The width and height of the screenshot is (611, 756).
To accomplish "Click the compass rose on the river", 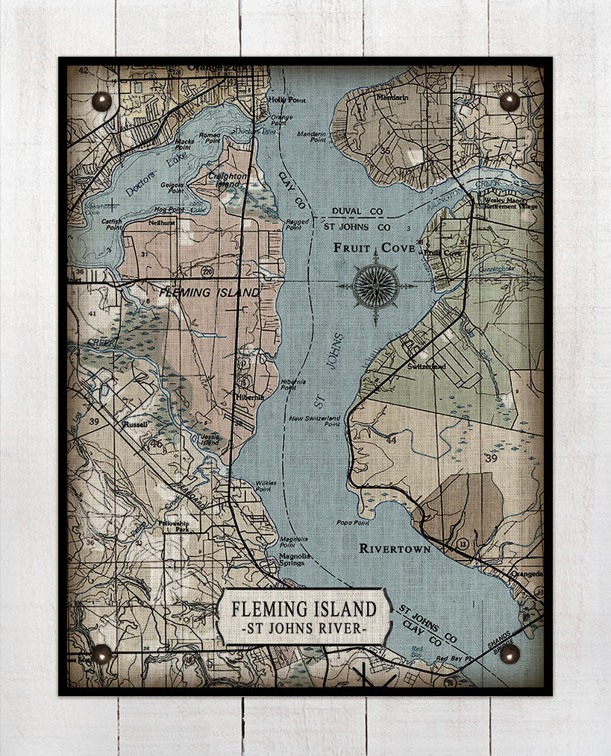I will coord(375,286).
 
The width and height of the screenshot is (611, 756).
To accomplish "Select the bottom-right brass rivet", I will coord(510,654).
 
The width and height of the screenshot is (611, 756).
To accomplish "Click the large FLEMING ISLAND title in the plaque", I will coord(304,608).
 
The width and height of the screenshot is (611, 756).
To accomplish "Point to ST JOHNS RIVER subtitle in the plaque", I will coord(304,629).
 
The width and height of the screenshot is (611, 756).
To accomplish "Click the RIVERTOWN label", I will coord(395,549).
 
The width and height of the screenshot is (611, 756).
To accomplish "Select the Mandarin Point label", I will coord(313,136).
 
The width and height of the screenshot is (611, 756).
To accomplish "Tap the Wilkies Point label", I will coord(266,483).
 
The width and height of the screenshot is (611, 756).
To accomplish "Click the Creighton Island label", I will coord(228,180).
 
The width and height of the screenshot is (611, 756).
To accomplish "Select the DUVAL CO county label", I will coord(357,212).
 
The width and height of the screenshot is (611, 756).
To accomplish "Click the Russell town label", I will coord(137,423).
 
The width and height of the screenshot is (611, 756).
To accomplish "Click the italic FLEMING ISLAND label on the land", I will coord(210,292).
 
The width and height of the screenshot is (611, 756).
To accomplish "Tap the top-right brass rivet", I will coord(510,101).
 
